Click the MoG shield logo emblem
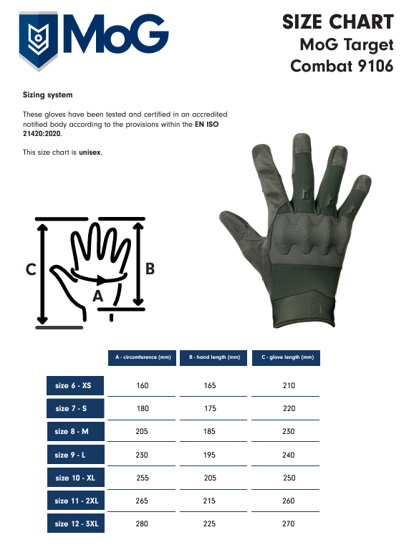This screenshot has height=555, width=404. [x=38, y=41]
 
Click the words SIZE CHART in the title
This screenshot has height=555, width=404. [x=338, y=22]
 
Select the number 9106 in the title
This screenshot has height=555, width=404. [x=375, y=66]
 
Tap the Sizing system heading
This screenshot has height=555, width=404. [x=48, y=95]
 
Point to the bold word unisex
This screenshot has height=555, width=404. [x=90, y=153]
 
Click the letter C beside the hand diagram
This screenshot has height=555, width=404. [x=31, y=269]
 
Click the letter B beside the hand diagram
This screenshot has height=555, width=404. [x=150, y=269]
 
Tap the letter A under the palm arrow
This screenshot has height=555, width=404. [x=97, y=296]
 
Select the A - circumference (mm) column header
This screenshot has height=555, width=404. [x=143, y=357]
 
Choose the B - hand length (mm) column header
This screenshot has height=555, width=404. [x=213, y=357]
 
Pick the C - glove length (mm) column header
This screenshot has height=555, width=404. [x=286, y=357]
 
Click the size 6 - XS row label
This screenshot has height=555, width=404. [x=75, y=385]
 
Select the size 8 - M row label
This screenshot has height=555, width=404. [x=76, y=432]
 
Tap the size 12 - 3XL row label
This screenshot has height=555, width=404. [x=76, y=523]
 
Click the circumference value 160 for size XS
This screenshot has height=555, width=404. [x=143, y=385]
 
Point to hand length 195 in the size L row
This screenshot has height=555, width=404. [x=209, y=455]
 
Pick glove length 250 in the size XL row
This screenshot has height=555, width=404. [x=289, y=478]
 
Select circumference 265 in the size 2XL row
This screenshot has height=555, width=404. [x=142, y=501]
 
